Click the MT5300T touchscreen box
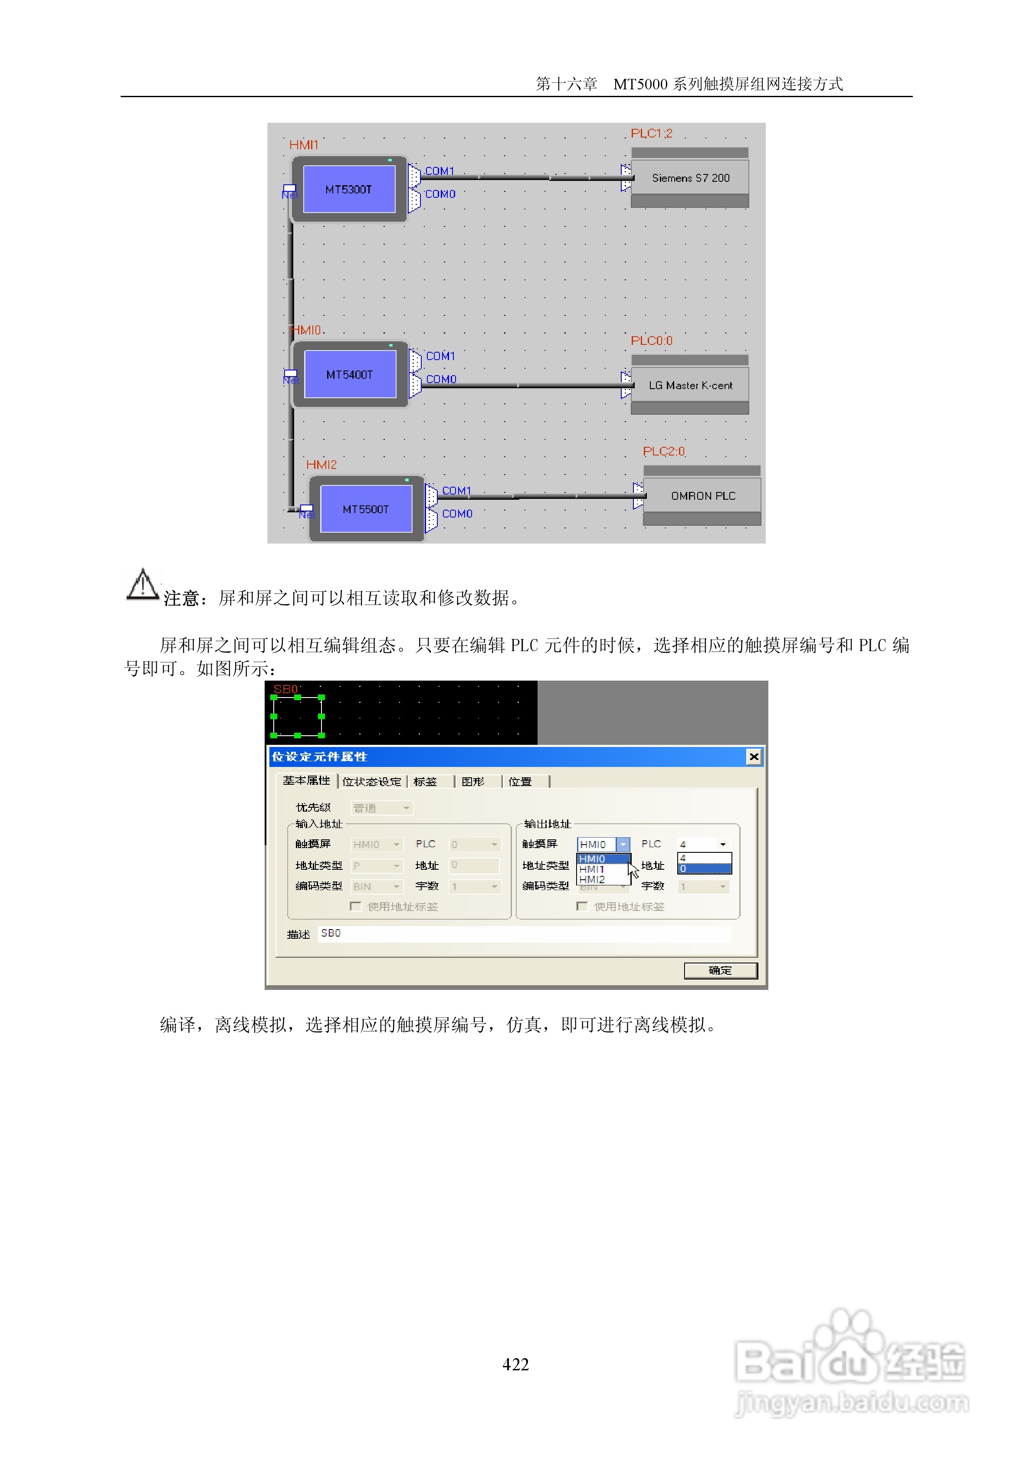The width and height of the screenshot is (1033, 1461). pyautogui.click(x=349, y=189)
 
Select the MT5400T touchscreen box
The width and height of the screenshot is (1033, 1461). pyautogui.click(x=350, y=374)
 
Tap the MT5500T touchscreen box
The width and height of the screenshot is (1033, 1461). pyautogui.click(x=366, y=509)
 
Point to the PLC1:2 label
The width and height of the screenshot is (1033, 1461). pyautogui.click(x=651, y=134)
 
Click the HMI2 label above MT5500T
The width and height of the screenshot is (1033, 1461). pyautogui.click(x=321, y=465)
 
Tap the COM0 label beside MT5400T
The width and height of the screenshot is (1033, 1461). pyautogui.click(x=441, y=379)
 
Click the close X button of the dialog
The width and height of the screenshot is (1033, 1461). pyautogui.click(x=754, y=757)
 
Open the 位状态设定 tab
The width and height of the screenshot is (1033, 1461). pyautogui.click(x=372, y=781)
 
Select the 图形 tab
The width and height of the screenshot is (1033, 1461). pyautogui.click(x=473, y=781)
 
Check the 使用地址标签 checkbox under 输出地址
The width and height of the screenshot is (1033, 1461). pyautogui.click(x=582, y=906)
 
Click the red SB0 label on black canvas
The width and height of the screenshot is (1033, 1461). pyautogui.click(x=285, y=689)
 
